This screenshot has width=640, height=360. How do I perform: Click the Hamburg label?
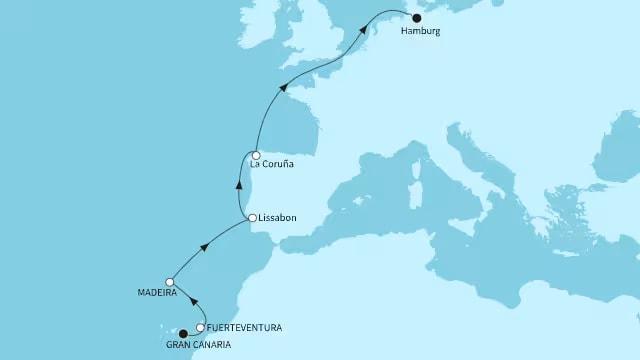[419, 32]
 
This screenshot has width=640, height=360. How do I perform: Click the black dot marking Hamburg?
[418, 17]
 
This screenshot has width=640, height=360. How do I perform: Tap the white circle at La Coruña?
[257, 155]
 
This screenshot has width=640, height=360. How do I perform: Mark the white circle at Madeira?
[172, 282]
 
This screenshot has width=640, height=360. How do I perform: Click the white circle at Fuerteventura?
[201, 327]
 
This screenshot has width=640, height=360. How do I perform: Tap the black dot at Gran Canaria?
[183, 334]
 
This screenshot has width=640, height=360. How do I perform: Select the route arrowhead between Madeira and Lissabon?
[206, 247]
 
